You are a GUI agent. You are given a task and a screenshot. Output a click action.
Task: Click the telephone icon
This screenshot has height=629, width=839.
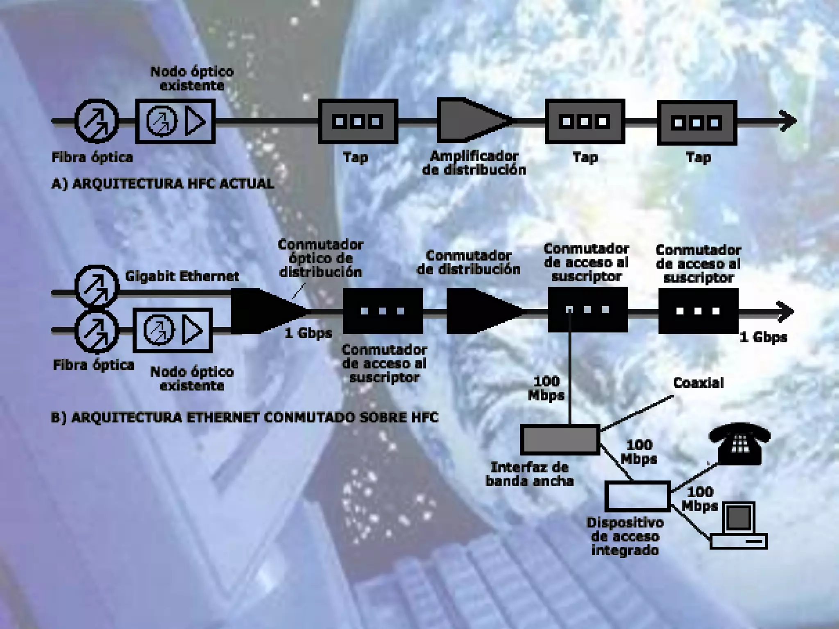click(x=739, y=444)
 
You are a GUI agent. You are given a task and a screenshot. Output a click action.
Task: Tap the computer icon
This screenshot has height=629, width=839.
click(x=738, y=526)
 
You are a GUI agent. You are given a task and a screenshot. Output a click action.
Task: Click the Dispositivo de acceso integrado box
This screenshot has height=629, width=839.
click(x=637, y=496)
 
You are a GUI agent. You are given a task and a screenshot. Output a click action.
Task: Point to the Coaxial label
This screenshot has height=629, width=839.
click(x=698, y=383)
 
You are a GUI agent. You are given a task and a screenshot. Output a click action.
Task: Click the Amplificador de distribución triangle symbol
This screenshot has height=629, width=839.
click(x=471, y=121)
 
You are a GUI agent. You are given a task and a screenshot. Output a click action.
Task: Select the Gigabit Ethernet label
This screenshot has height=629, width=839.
click(x=182, y=276)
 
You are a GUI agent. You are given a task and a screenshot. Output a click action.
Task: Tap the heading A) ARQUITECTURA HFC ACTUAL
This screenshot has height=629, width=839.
click(x=163, y=183)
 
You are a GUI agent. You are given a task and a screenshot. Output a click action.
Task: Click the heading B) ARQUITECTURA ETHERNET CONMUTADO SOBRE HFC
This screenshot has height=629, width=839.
click(x=245, y=417)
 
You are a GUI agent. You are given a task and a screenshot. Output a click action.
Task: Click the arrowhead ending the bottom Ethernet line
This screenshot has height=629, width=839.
click(x=786, y=312)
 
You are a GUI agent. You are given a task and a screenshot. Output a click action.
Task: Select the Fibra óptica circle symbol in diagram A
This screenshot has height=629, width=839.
click(x=97, y=121)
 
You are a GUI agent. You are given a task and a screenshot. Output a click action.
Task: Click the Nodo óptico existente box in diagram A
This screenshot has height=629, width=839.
click(x=175, y=121)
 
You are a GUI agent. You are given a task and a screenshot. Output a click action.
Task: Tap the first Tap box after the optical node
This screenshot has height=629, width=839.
click(x=358, y=121)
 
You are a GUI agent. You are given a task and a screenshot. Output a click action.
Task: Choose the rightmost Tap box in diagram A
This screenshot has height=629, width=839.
click(x=697, y=122)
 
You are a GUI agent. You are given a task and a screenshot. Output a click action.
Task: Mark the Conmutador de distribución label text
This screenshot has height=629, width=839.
click(x=469, y=262)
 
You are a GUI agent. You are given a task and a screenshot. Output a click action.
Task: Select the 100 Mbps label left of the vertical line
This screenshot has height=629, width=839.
click(x=546, y=388)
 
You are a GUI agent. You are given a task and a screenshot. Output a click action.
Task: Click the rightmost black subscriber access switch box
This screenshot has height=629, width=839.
click(x=698, y=311)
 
